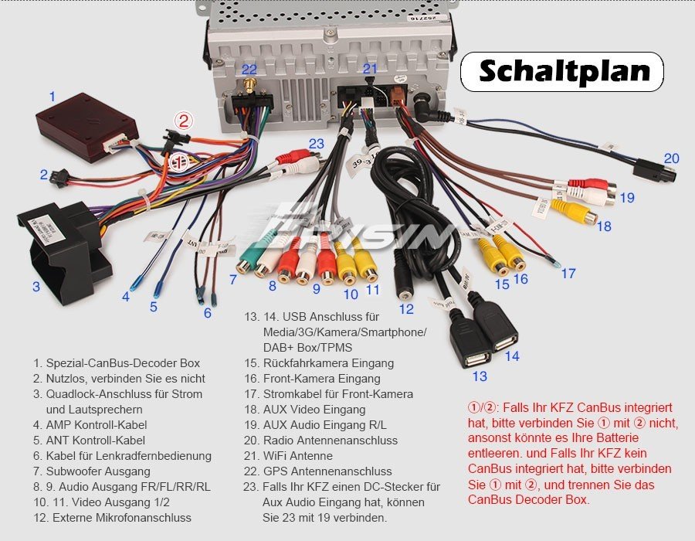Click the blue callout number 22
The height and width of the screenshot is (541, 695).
coord(249,70)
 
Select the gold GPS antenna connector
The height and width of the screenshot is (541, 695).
coord(251,87)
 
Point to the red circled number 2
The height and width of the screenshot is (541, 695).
coord(183,121)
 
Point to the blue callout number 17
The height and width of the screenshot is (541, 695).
coord(568,273)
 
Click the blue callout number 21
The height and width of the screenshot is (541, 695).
coord(371,69)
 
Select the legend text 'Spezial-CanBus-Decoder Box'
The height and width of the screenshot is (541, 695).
coord(122,362)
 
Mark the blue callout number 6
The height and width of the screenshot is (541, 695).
coord(208,313)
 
